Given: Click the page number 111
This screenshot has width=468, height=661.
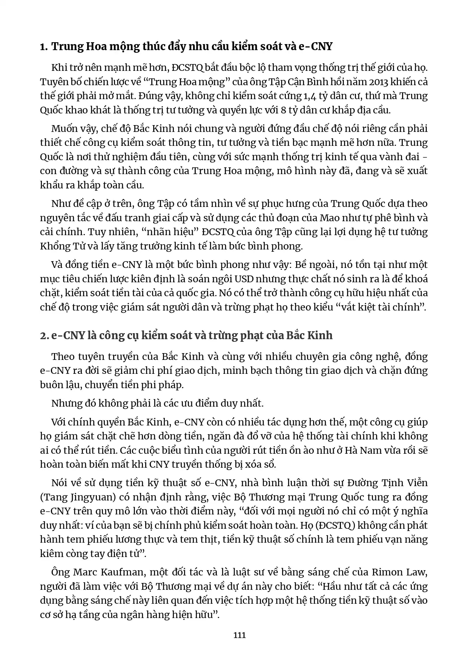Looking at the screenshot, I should [x=239, y=635].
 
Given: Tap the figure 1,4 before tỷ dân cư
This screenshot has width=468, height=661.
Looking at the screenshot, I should [x=308, y=96].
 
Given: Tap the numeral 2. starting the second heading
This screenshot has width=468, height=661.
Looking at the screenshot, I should [x=44, y=335].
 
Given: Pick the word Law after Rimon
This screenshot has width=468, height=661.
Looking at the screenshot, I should [x=416, y=572].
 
